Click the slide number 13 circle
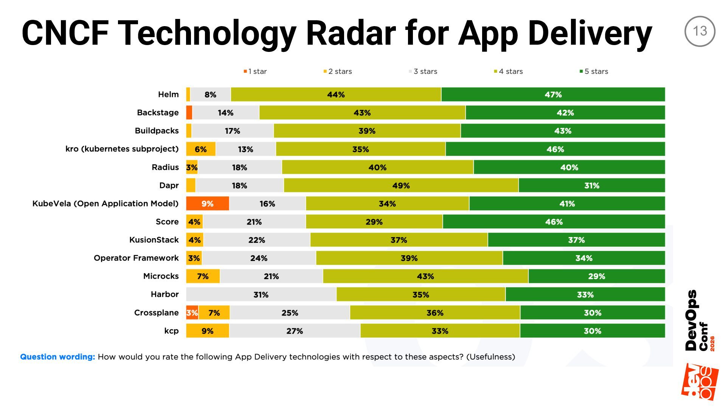tap(700, 31)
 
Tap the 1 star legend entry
tap(255, 71)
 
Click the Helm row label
tap(168, 94)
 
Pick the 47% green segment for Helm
tap(553, 94)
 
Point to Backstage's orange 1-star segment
tap(189, 112)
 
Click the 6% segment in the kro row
tap(201, 149)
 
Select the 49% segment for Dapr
tap(401, 185)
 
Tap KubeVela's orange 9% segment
tap(207, 203)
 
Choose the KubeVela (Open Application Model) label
tap(105, 203)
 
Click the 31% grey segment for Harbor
tap(261, 294)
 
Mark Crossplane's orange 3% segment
tap(192, 312)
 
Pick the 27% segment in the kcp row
tap(295, 331)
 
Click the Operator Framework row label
tap(136, 258)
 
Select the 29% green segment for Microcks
tap(596, 276)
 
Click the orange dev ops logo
tap(700, 382)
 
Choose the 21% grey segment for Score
tap(254, 222)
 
